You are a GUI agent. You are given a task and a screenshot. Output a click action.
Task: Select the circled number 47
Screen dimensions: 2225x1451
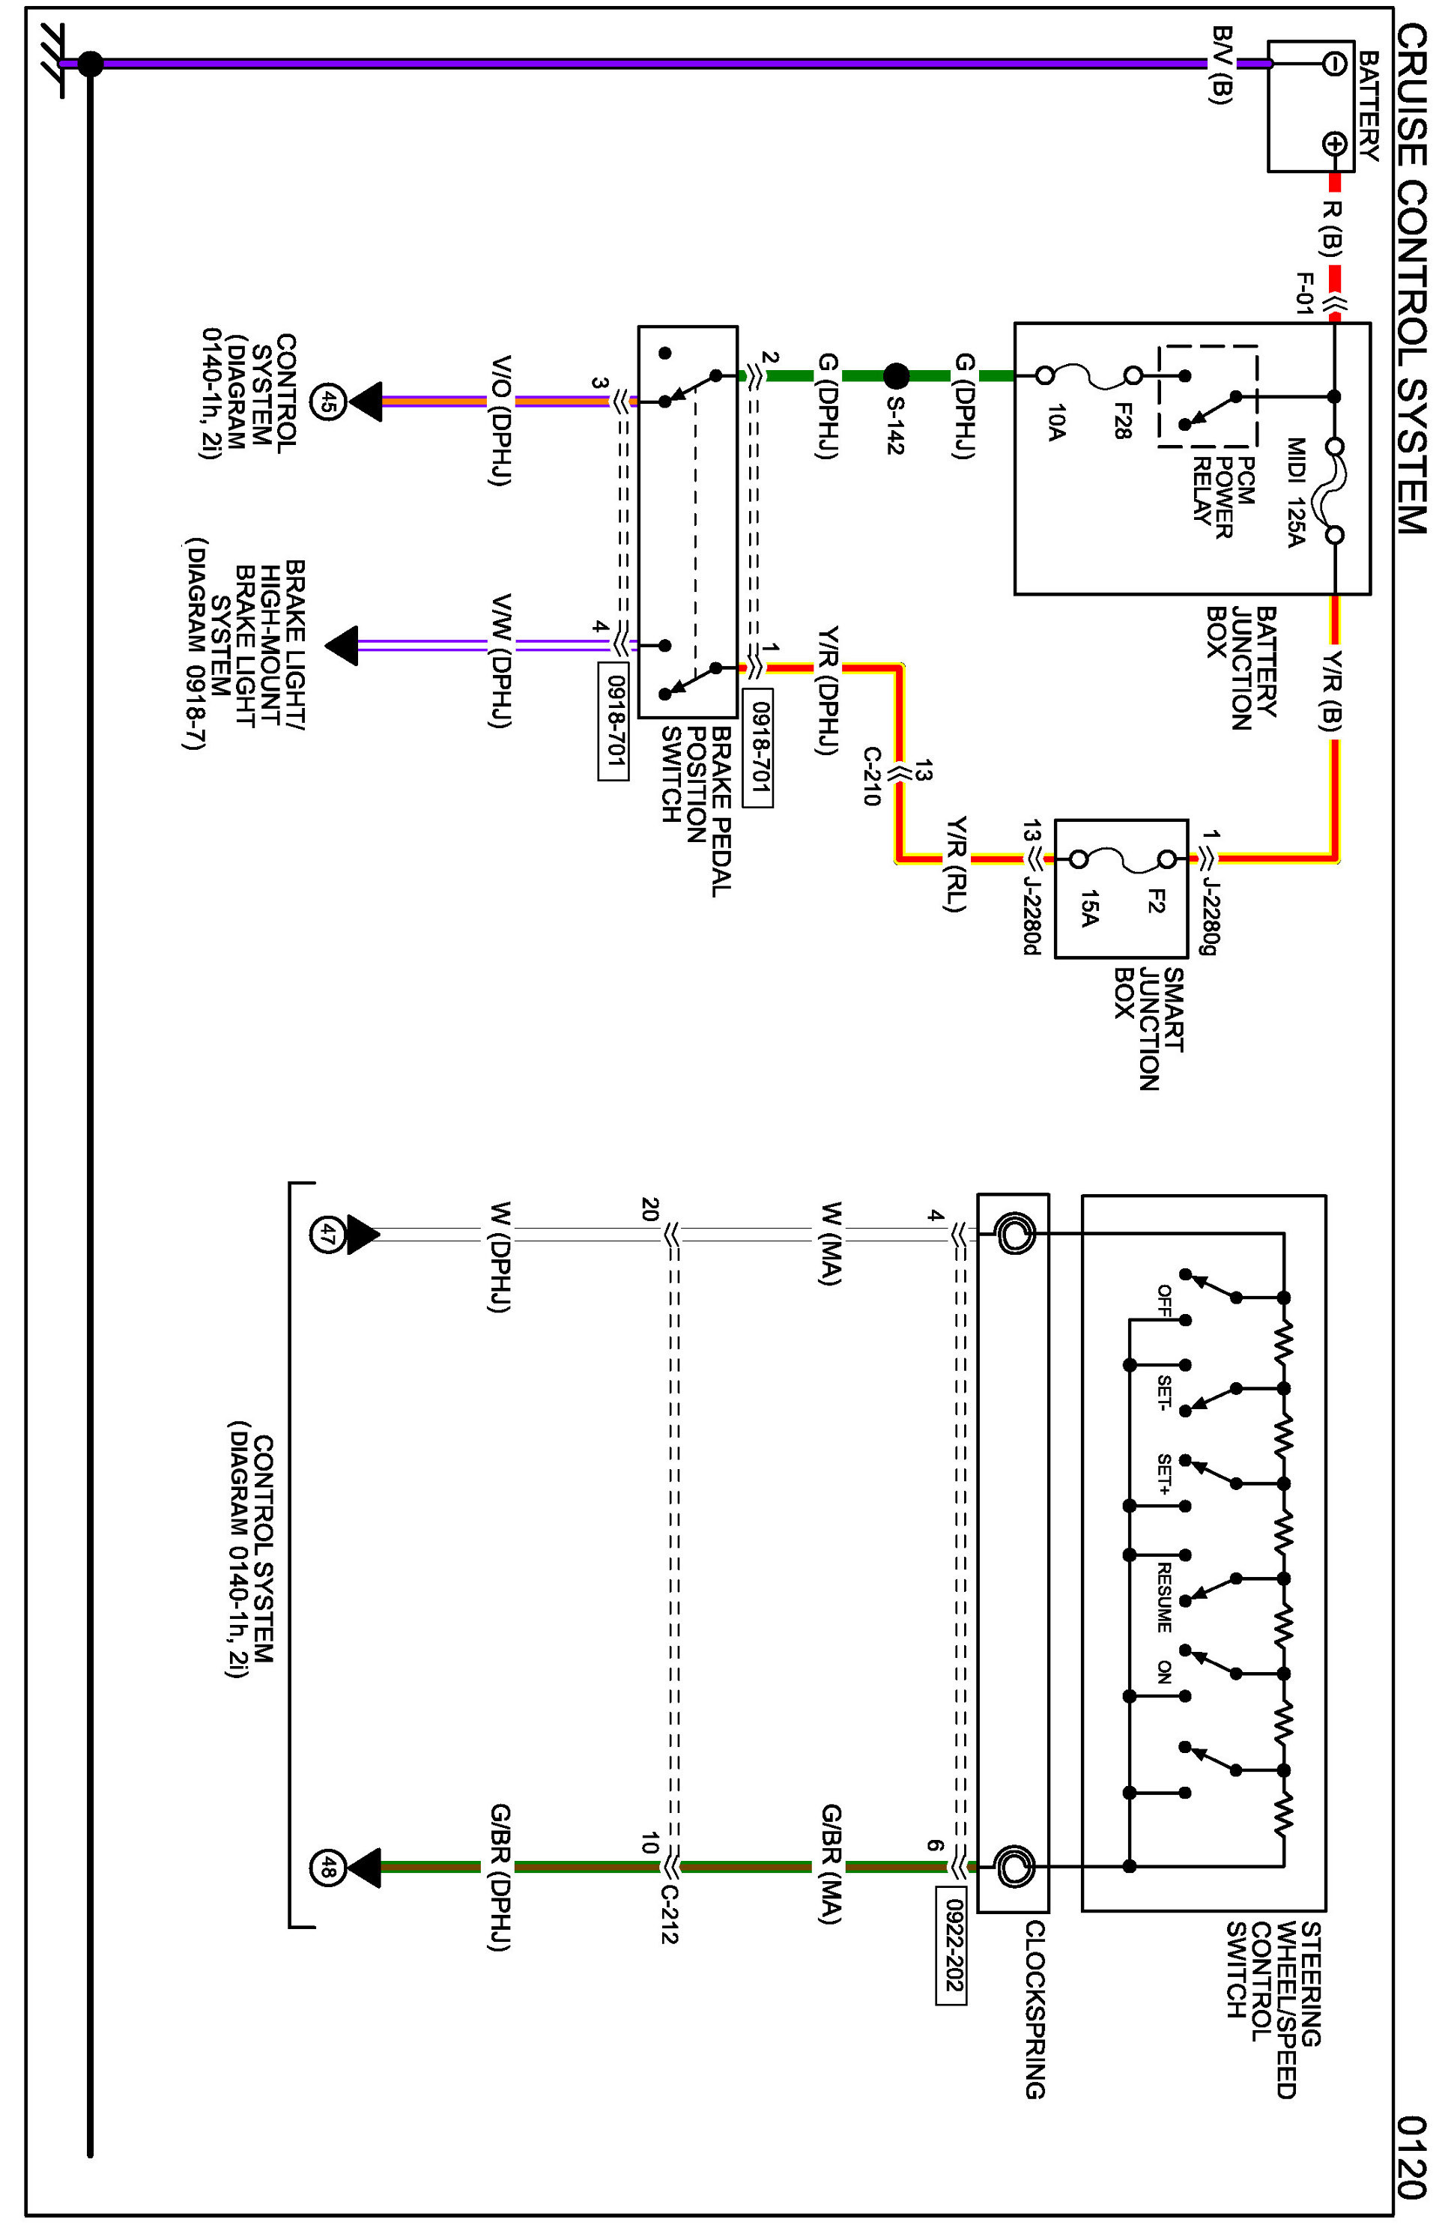325,1235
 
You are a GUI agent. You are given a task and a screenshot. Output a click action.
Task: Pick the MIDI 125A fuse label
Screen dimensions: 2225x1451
1295,491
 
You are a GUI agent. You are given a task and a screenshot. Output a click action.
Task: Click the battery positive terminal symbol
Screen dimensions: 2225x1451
1334,144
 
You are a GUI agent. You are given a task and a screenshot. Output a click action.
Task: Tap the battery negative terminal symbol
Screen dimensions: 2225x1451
1334,64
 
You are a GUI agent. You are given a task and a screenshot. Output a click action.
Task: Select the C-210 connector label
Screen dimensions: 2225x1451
871,776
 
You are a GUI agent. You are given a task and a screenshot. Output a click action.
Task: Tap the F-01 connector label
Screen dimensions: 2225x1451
1304,293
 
